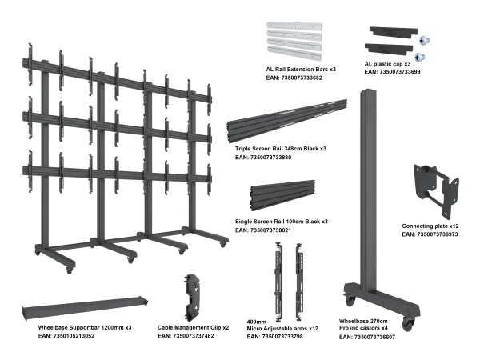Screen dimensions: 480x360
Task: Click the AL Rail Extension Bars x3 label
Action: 301,70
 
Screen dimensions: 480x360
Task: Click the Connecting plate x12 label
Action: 430,226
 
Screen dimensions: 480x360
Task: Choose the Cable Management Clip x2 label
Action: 193,327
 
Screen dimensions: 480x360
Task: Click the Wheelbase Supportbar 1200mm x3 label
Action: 85,327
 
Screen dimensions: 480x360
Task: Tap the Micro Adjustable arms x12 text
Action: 282,329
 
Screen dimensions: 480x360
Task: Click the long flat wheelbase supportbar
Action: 85,308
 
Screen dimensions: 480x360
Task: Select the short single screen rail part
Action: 282,195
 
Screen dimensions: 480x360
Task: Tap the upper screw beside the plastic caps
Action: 424,40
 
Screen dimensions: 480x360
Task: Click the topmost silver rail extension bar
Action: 294,25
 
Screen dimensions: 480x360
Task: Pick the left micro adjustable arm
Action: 278,282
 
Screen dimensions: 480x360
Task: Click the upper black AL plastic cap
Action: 394,31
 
